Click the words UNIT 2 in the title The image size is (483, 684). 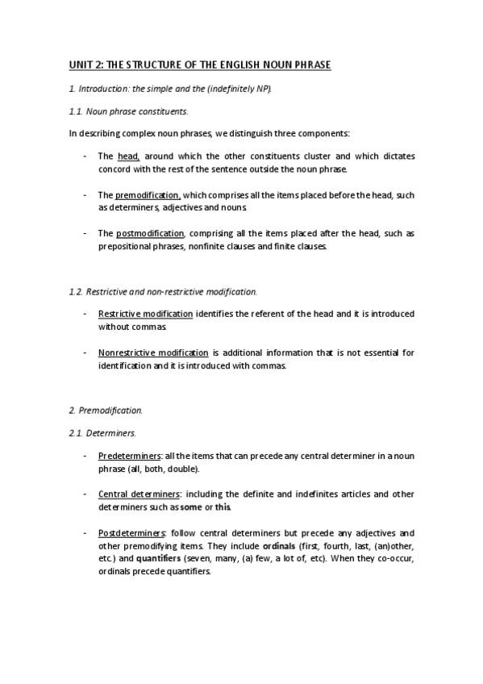(81, 64)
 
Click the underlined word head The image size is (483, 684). (128, 156)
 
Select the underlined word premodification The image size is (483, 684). (148, 194)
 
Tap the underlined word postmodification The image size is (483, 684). (150, 234)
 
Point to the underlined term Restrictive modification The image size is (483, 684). (145, 313)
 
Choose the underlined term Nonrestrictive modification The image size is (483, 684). (152, 352)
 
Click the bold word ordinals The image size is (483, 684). (280, 546)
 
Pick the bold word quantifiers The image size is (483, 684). (158, 559)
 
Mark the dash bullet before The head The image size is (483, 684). (85, 156)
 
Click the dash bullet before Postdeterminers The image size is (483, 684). (85, 533)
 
